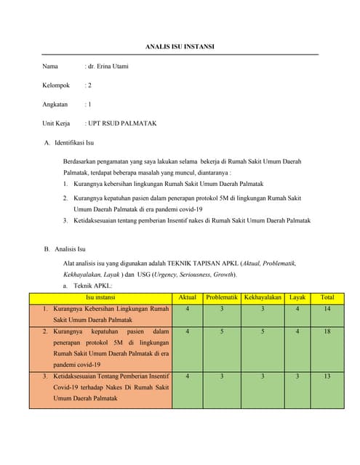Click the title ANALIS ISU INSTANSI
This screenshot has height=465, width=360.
(x=180, y=47)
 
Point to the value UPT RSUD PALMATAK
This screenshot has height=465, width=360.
(x=122, y=124)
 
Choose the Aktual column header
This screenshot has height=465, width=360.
(x=188, y=297)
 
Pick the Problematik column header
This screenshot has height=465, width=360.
(x=222, y=297)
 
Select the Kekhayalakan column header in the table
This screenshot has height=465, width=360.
(x=263, y=297)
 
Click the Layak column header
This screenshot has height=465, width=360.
(x=297, y=297)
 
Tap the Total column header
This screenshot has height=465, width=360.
(x=327, y=297)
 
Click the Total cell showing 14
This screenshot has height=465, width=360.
(x=327, y=309)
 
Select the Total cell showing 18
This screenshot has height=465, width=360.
(x=327, y=331)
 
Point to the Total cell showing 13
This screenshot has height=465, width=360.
(x=327, y=376)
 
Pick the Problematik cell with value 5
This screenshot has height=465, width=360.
(x=222, y=331)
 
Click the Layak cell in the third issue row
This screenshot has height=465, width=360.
(x=297, y=376)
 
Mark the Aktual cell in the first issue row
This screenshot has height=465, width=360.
(x=188, y=309)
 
